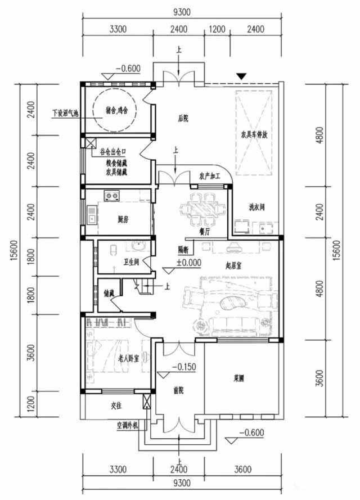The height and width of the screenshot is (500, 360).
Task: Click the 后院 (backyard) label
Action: [x=182, y=118]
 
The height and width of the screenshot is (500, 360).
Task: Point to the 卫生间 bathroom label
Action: [x=130, y=262]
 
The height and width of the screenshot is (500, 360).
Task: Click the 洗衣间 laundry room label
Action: [x=256, y=208]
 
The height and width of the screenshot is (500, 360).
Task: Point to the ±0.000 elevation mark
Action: [x=188, y=262]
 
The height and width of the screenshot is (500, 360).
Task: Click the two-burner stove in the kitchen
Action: [x=111, y=196]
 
